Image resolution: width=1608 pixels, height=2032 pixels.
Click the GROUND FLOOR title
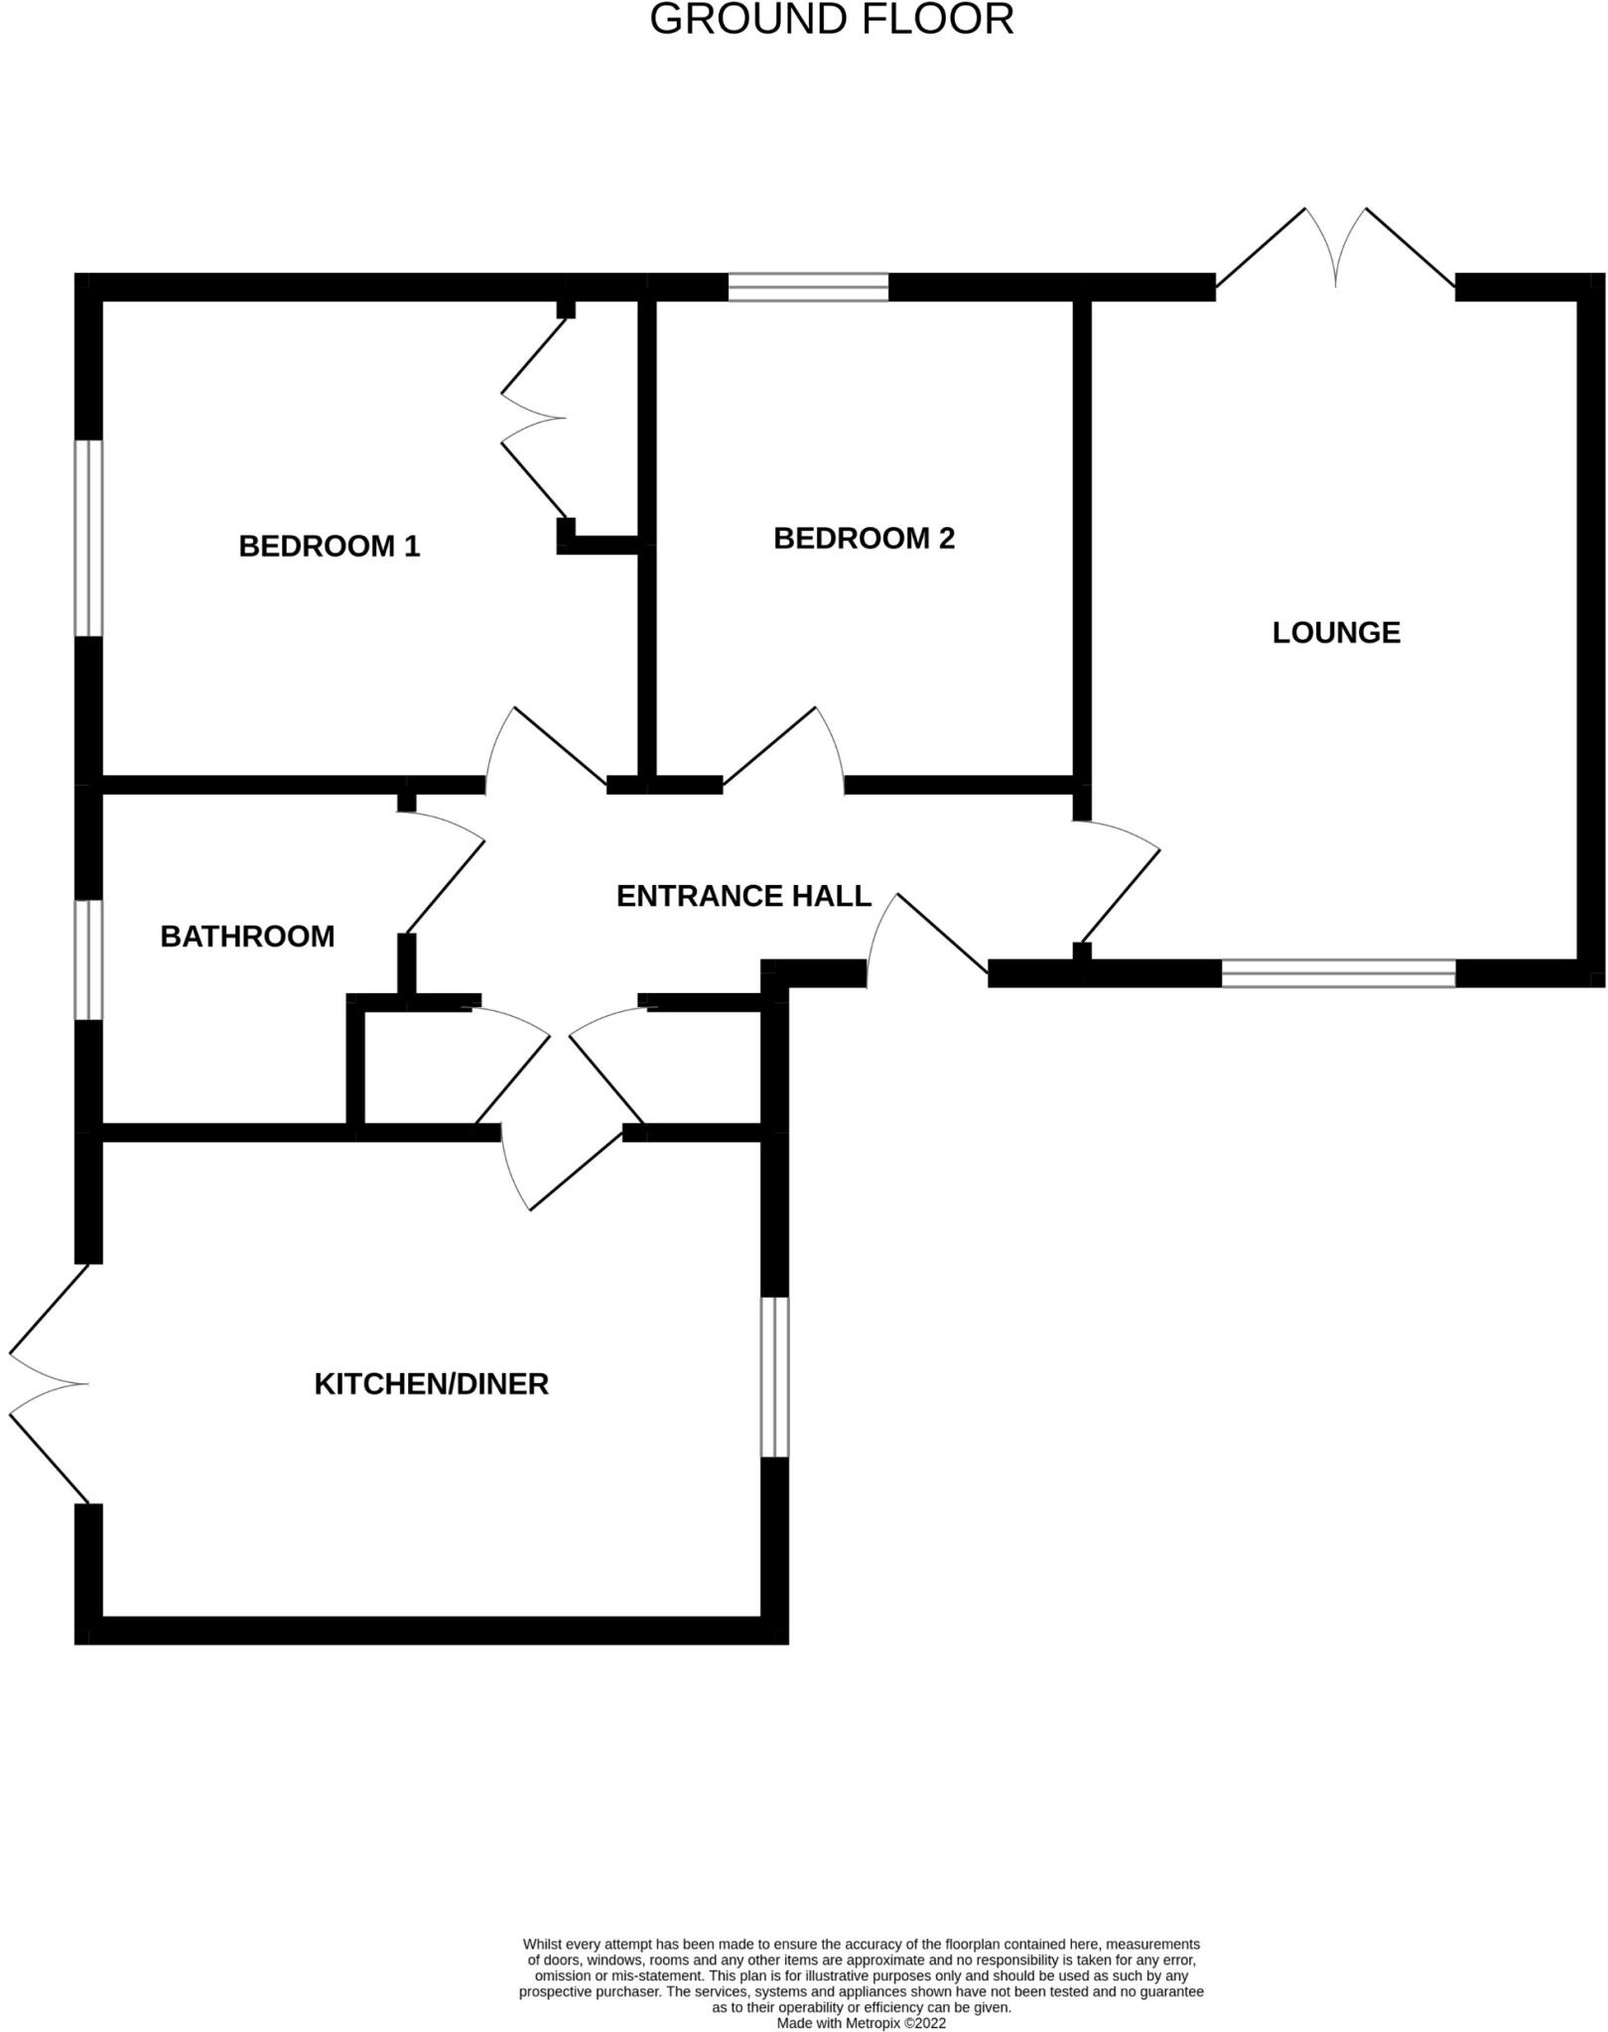click(831, 20)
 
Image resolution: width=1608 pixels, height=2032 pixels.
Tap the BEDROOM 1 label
click(330, 546)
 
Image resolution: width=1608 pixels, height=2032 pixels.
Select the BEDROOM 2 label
click(864, 538)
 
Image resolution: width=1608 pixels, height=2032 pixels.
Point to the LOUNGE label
click(1336, 632)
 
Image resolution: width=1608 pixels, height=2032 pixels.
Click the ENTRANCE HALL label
click(743, 896)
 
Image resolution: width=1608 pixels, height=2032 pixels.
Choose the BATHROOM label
click(247, 936)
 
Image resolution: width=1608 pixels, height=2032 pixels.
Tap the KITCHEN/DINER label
click(431, 1384)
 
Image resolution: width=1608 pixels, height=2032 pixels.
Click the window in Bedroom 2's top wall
click(808, 287)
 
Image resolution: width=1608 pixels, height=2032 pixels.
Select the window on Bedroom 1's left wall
click(89, 538)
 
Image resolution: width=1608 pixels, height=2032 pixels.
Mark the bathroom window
click(89, 959)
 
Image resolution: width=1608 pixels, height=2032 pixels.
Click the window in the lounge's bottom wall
click(1338, 973)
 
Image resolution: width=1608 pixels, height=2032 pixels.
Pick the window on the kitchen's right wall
click(774, 1377)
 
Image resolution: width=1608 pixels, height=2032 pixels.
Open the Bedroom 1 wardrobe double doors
click(534, 419)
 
